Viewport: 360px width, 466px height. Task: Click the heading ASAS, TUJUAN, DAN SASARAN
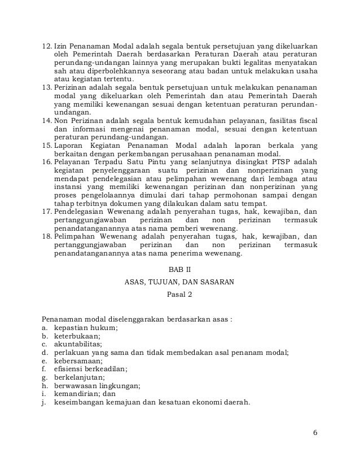pyautogui.click(x=180, y=280)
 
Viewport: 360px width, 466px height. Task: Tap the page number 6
pyautogui.click(x=315, y=433)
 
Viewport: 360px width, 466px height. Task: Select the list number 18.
pyautogui.click(x=47, y=238)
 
